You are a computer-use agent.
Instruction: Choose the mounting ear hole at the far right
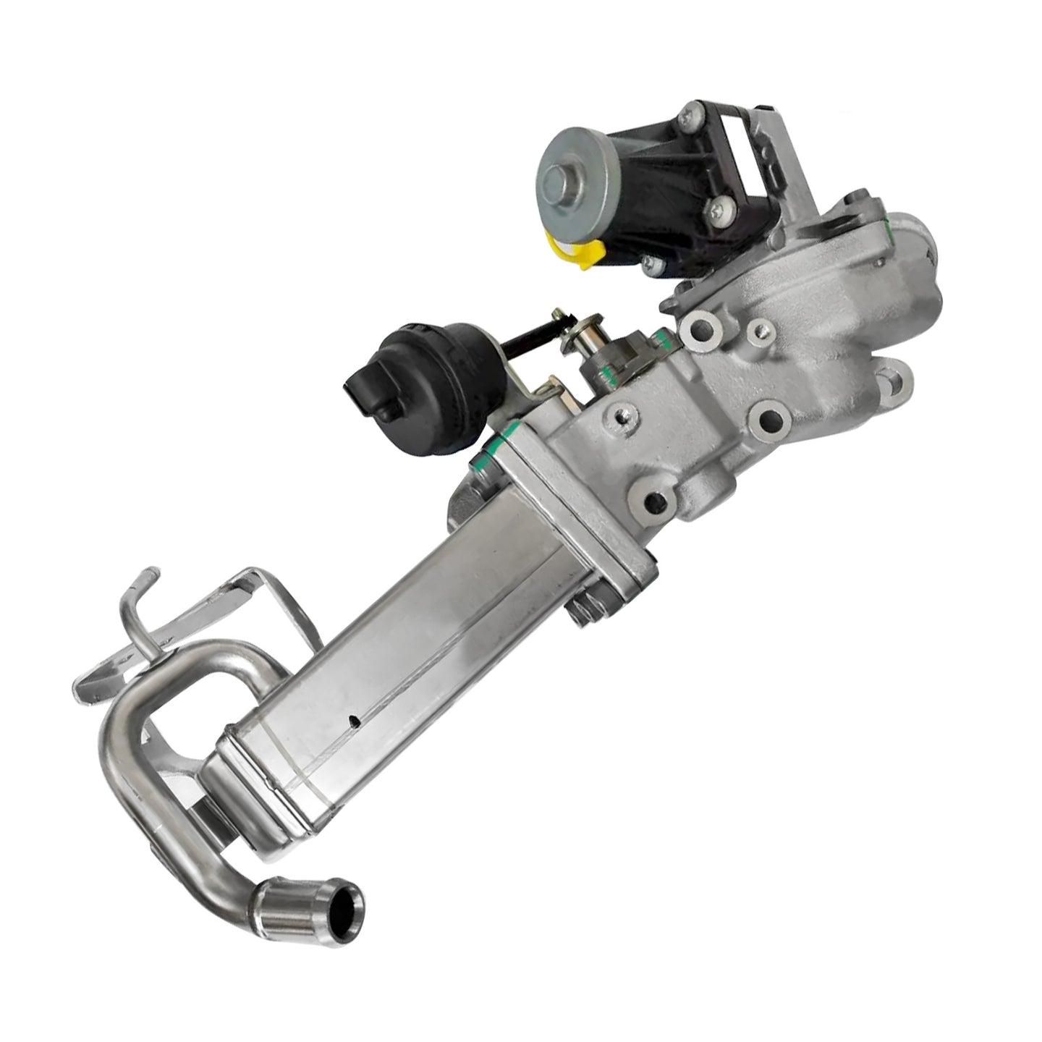tap(894, 379)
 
